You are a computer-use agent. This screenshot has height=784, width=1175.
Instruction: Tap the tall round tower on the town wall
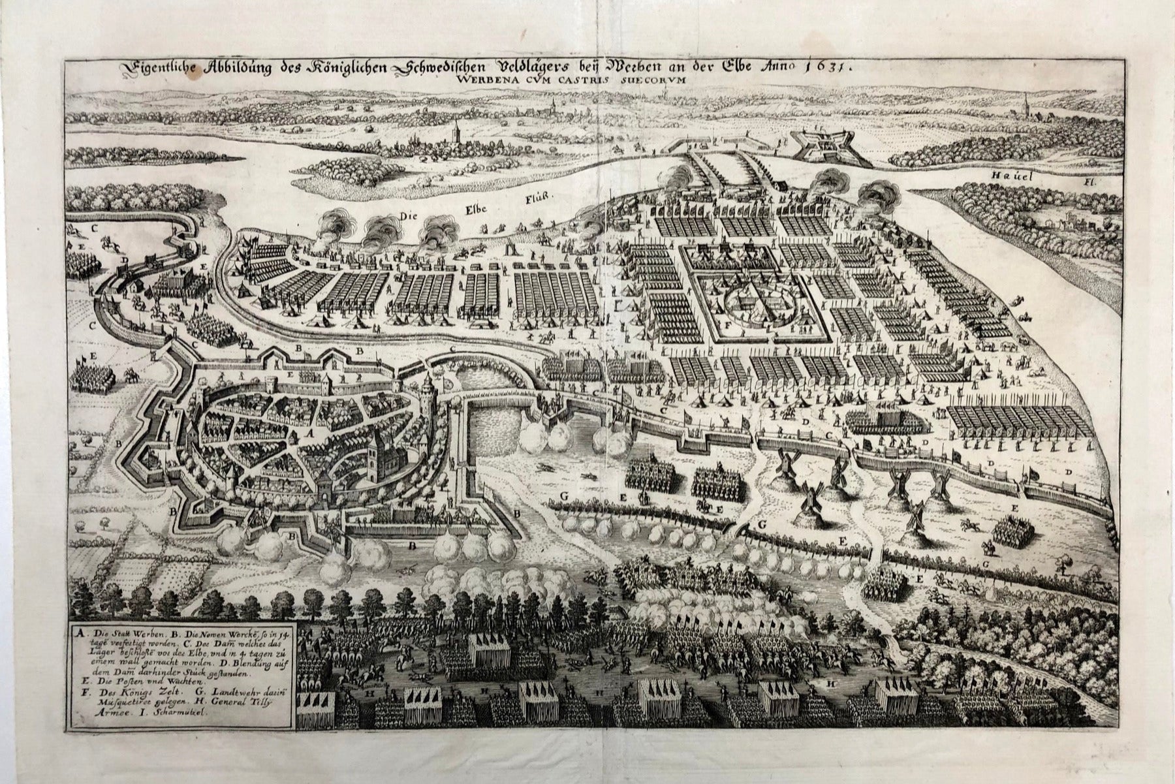428,392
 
